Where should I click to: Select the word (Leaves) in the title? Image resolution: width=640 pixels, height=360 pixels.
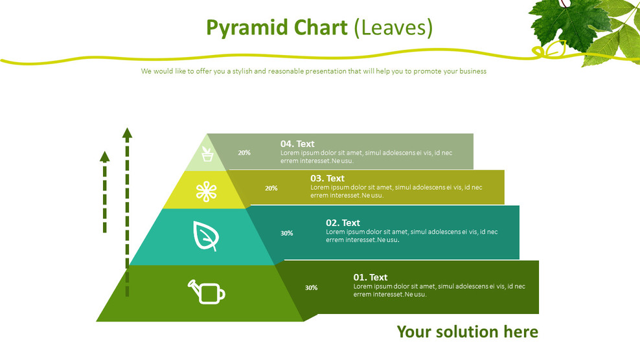click(394, 28)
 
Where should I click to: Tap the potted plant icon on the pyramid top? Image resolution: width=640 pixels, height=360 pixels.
click(207, 154)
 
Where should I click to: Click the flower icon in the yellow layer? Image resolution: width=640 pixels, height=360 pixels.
click(206, 191)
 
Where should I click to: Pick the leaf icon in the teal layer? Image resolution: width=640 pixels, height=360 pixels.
click(205, 236)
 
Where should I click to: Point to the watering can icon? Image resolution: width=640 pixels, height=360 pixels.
click(207, 291)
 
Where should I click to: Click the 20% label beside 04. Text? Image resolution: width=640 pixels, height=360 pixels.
click(244, 153)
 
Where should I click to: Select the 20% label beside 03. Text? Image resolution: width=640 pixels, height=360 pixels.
click(271, 188)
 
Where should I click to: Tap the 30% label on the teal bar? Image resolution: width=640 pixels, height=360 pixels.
click(286, 233)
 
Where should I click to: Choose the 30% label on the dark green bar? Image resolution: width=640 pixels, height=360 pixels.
click(311, 287)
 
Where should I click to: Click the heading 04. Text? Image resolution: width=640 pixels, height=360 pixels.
click(297, 144)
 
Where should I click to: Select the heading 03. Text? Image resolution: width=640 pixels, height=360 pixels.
click(327, 178)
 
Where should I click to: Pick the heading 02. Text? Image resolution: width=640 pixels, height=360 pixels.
click(343, 223)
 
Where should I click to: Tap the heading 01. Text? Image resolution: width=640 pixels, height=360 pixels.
click(370, 277)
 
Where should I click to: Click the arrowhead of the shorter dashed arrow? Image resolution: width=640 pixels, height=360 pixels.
click(104, 156)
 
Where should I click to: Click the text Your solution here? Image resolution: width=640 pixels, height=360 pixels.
click(467, 332)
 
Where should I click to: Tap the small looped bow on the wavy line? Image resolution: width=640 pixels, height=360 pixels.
click(551, 49)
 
